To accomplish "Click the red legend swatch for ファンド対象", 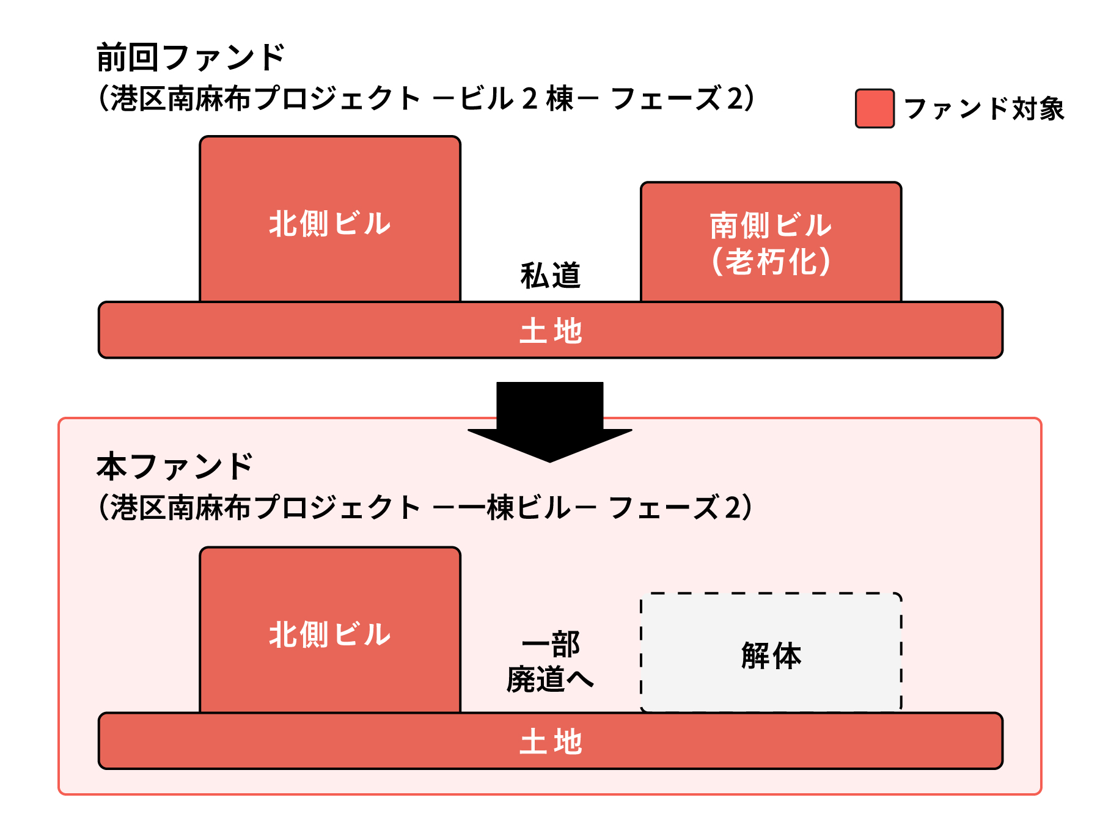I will [x=875, y=109].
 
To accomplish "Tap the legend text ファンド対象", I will [x=984, y=109].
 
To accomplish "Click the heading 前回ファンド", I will [x=191, y=58].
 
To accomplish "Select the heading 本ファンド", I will [x=175, y=467].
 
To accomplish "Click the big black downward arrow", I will [x=549, y=422].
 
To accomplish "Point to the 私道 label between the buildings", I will [x=550, y=275].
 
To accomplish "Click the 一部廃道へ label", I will [x=550, y=662].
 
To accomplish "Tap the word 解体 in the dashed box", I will [x=771, y=656].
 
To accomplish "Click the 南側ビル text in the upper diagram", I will [x=771, y=226].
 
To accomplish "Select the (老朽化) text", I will [x=771, y=262].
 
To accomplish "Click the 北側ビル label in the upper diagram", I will [x=330, y=223].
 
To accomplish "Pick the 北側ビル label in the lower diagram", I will [x=330, y=634].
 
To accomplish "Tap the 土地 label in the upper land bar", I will [x=550, y=331].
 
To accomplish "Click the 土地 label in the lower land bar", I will [x=550, y=741].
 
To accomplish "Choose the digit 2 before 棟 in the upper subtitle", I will [x=530, y=99].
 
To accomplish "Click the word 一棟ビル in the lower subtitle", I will [x=528, y=508].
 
